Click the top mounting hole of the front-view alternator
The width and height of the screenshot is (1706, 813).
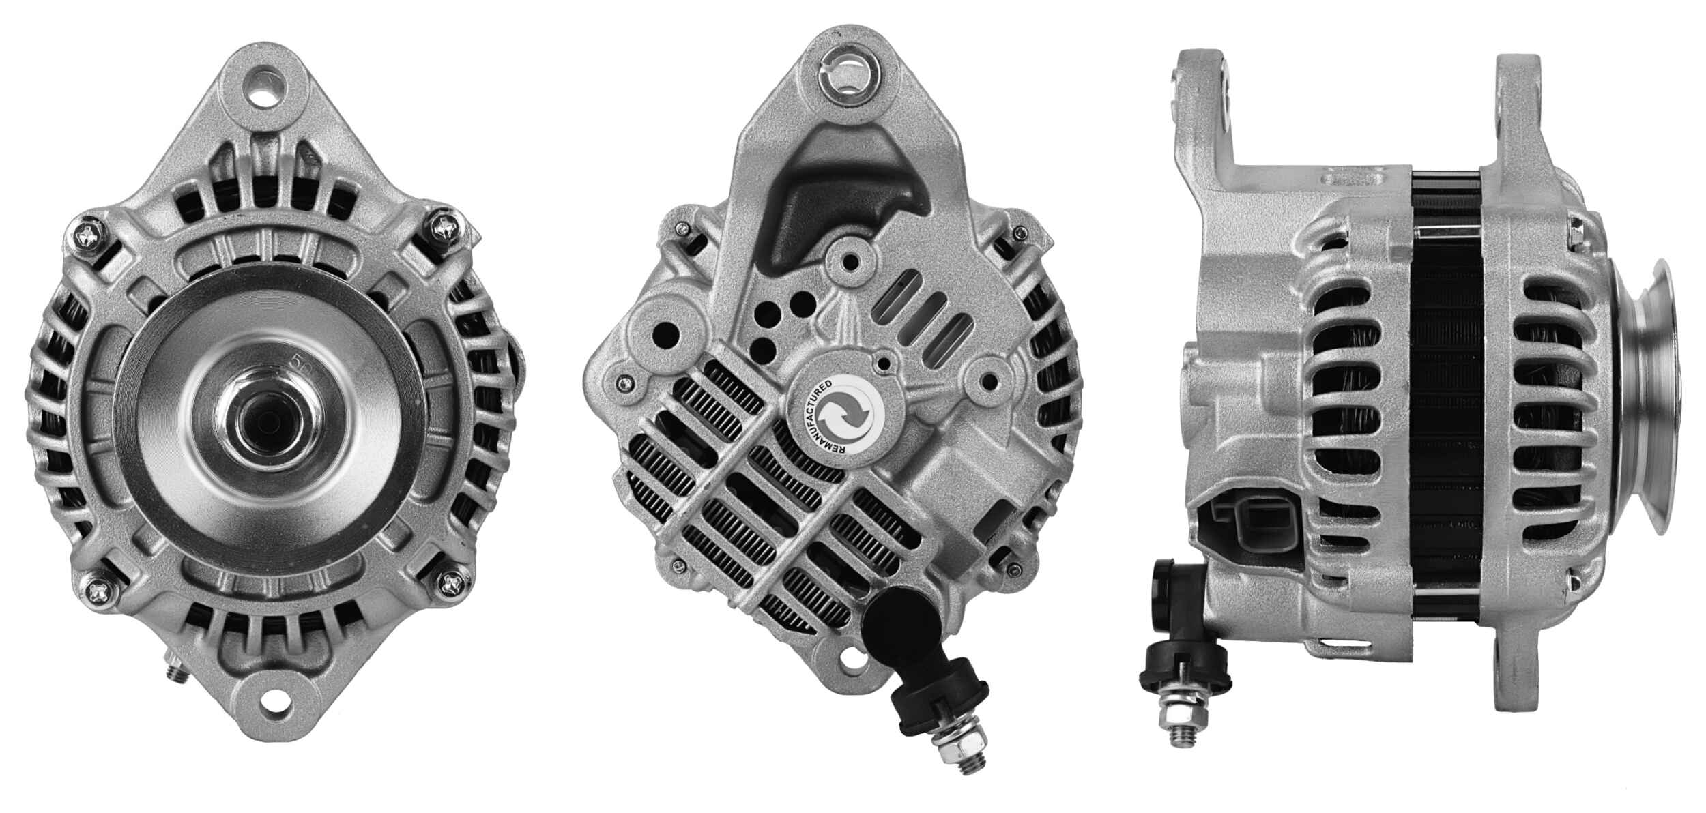(x=269, y=89)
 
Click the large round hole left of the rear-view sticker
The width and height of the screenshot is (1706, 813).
(x=667, y=336)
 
